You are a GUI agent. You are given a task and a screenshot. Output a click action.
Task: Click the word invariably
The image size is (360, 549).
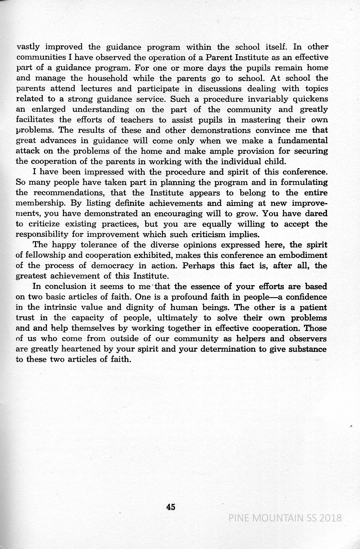click(x=260, y=99)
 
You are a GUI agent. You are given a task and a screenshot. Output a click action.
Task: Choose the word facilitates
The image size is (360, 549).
click(x=35, y=120)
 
